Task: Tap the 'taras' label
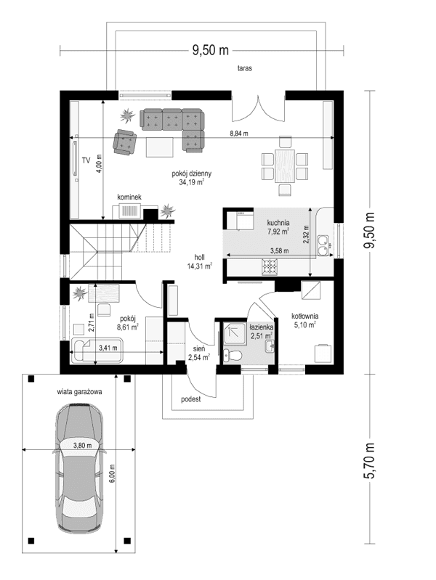[244, 70]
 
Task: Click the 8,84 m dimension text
[238, 134]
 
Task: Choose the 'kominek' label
[129, 197]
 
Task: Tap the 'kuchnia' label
[278, 224]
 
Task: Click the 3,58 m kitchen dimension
[279, 251]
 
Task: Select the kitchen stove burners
[270, 268]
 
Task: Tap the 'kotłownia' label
[305, 316]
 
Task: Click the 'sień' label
[198, 348]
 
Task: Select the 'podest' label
[191, 400]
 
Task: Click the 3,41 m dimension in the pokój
[108, 348]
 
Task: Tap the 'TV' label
[85, 160]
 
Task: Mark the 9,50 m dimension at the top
[210, 50]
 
